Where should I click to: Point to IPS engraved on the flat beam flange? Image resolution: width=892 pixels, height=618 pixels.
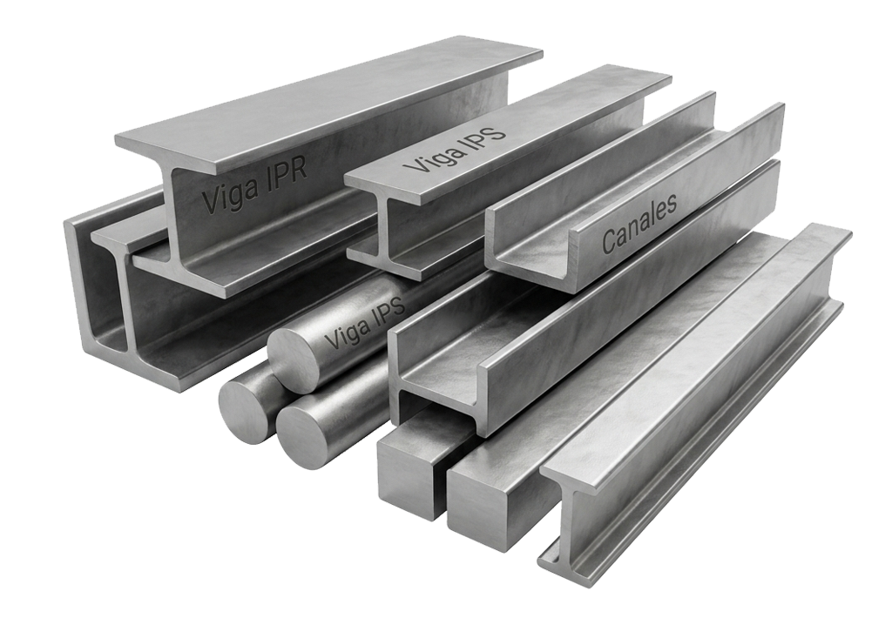(x=484, y=132)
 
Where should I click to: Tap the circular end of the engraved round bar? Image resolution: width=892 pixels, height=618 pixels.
(x=296, y=362)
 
